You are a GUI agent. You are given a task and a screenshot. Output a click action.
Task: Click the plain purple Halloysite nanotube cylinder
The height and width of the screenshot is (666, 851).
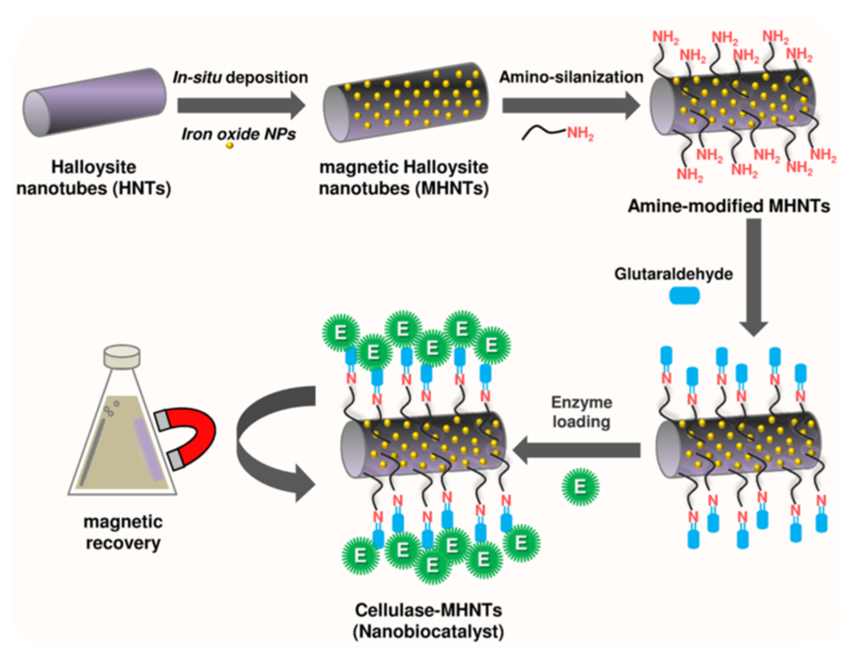pos(94,102)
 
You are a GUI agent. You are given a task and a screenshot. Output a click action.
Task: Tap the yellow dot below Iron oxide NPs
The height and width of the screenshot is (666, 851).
pos(229,146)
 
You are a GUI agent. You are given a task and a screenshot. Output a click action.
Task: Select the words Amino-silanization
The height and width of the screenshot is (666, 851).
pos(571,77)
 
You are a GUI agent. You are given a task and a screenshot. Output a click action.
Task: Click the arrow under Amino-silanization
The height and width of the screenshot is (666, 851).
pos(570,105)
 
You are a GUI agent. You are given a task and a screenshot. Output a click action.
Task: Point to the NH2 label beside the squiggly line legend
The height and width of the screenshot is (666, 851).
pos(580,133)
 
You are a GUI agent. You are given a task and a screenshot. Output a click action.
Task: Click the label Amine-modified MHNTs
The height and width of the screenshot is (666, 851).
pos(728,205)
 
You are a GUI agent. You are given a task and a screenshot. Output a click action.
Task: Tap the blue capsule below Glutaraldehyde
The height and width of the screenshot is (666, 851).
pos(684,295)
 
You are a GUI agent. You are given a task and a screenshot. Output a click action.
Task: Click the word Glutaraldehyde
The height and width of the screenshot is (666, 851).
pos(673,274)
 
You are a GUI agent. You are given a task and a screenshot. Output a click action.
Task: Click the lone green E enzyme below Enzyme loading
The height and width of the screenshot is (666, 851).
pos(580,486)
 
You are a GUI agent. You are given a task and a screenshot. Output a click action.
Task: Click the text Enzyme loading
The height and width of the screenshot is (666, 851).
pos(581,412)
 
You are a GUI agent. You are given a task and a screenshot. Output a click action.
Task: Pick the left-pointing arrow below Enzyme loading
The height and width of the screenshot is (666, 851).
pos(577,450)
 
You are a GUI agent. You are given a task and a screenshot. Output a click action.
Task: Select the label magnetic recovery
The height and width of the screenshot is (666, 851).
pos(123,532)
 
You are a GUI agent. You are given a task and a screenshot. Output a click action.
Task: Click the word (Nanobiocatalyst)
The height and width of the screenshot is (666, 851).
pos(428,632)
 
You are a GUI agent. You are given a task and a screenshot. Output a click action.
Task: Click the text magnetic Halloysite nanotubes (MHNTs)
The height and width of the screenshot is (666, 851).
pos(403,177)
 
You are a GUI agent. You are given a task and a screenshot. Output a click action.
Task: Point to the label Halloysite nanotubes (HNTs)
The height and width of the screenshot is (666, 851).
pos(94,177)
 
